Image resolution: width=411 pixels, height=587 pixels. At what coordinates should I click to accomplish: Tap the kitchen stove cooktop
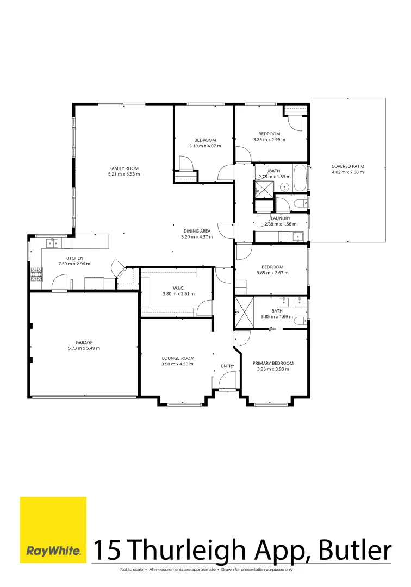pyautogui.click(x=36, y=274)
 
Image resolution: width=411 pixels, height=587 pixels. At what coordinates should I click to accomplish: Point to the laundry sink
pyautogui.click(x=297, y=236)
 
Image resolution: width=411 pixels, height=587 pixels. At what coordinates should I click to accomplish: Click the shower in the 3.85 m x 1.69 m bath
pyautogui.click(x=244, y=312)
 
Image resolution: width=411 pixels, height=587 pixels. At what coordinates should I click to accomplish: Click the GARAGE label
pyautogui.click(x=84, y=342)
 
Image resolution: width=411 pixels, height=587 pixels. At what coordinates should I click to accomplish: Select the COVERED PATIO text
pyautogui.click(x=348, y=166)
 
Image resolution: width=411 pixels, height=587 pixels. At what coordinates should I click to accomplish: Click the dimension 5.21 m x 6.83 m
pyautogui.click(x=124, y=174)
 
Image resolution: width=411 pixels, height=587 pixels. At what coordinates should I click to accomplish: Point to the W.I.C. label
pyautogui.click(x=178, y=288)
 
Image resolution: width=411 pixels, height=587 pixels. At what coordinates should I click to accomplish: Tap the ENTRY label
pyautogui.click(x=227, y=366)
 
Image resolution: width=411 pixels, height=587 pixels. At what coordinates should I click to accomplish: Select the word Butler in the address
pyautogui.click(x=356, y=550)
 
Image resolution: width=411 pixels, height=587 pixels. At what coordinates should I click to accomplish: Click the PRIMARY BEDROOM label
pyautogui.click(x=273, y=363)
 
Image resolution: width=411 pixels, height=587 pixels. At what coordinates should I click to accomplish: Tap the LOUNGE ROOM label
pyautogui.click(x=178, y=358)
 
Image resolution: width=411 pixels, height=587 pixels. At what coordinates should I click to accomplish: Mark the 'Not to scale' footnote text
pyautogui.click(x=132, y=570)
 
